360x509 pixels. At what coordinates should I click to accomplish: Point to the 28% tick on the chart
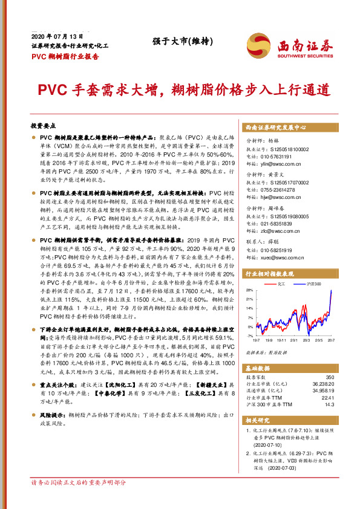click(250, 273)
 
